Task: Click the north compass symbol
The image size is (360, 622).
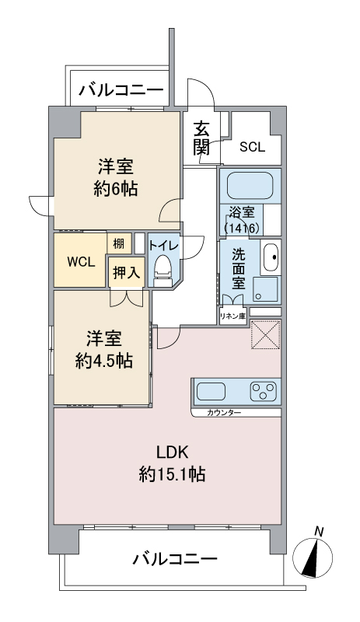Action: pos(313,555)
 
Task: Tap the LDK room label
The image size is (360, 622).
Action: pos(172,452)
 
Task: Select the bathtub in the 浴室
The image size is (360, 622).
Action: pos(250,185)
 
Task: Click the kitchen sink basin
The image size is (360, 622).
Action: pos(211,391)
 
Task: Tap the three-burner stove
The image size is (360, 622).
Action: pos(263,391)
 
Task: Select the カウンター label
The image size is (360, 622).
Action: pos(224,413)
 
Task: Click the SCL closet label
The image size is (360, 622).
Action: pos(252,147)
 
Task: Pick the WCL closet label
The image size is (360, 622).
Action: pos(81,262)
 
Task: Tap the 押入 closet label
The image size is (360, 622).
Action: pos(126,273)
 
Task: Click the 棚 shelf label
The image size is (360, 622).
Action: pos(119,243)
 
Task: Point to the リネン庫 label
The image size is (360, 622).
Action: pos(233,316)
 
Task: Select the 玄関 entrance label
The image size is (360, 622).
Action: pos(201,138)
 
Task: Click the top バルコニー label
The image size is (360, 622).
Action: pos(121,90)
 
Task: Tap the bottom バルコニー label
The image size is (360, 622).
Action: pos(175,559)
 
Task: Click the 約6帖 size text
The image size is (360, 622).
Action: pos(116,190)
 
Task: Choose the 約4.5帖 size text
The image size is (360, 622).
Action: pos(104,361)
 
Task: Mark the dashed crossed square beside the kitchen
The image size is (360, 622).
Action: pos(266,334)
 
